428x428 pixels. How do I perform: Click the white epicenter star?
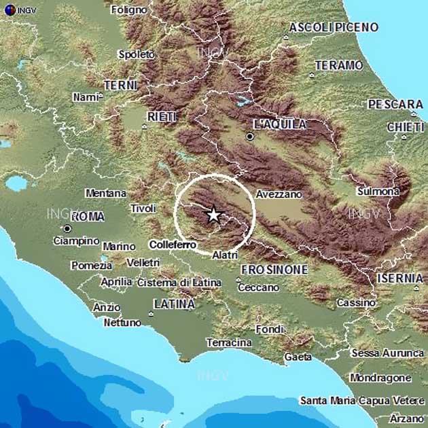pos(213,215)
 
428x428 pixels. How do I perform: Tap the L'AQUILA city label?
pos(279,124)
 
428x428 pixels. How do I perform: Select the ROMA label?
pos(88,217)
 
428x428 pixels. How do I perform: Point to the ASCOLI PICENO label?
pos(334,27)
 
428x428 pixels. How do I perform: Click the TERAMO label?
pos(339,65)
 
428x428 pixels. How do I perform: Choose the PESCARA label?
pos(395,105)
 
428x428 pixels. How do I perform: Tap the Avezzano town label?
pos(279,194)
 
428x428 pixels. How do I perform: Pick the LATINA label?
pos(174,304)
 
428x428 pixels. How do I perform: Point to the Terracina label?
pos(229,342)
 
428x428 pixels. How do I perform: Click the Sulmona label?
pos(378,192)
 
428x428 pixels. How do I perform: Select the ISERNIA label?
pos(400,278)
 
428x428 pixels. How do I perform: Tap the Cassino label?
pos(356,302)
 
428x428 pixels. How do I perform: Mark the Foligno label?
pos(130,10)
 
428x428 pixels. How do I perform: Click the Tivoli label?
pos(143,208)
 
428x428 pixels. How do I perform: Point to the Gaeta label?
pos(298,357)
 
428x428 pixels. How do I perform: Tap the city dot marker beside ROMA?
pos(67,228)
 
